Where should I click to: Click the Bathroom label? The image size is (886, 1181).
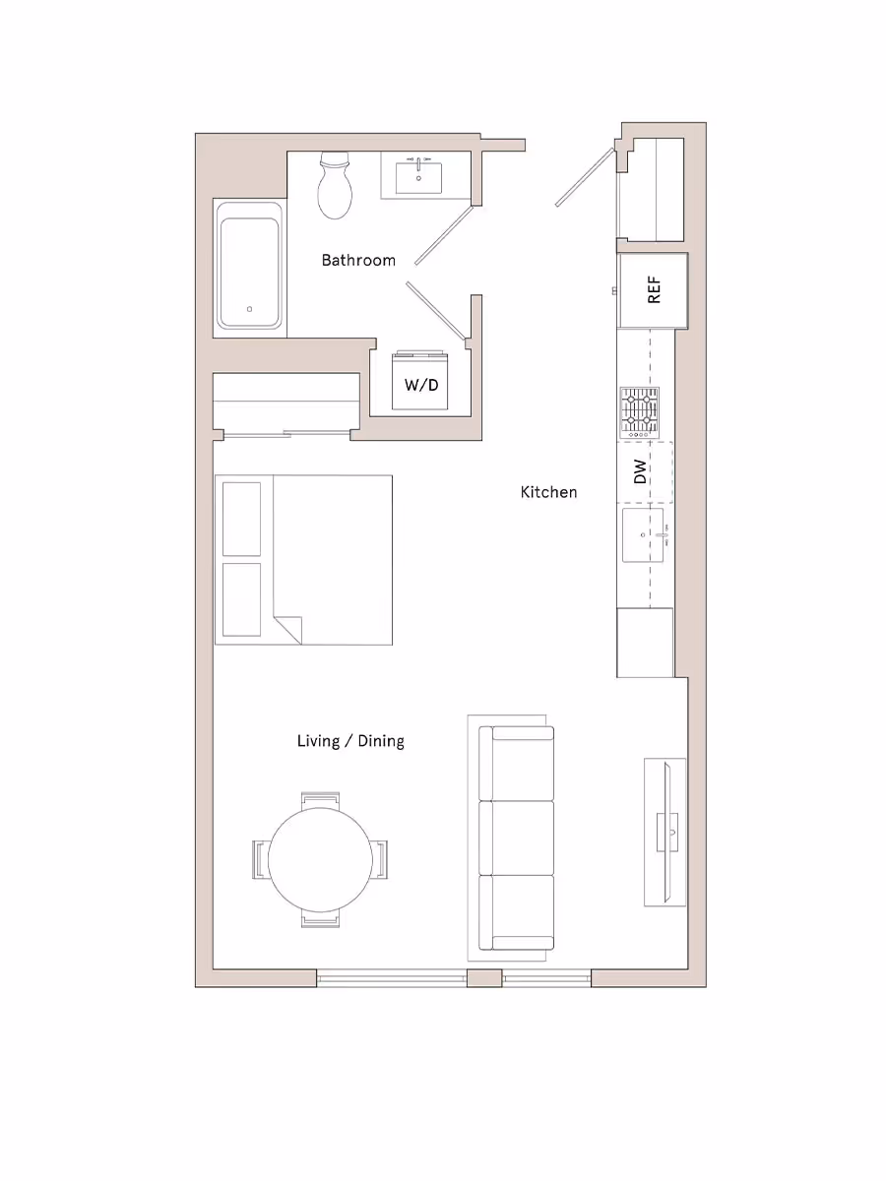(358, 260)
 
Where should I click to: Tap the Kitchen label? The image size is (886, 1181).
(548, 491)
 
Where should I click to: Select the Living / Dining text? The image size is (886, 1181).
(350, 740)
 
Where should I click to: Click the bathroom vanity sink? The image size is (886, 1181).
(418, 178)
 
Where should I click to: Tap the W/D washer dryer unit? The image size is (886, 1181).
(421, 384)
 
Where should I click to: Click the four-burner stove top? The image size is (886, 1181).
(639, 412)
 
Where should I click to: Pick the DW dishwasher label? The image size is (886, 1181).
(641, 472)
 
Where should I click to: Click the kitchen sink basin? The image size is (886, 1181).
(643, 535)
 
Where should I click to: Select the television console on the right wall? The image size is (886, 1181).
(665, 832)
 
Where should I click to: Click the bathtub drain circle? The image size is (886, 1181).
(250, 309)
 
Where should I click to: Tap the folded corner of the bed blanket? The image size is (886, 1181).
(287, 629)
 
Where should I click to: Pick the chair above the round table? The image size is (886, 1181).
(321, 800)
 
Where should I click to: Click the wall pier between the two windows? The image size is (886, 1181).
(483, 978)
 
